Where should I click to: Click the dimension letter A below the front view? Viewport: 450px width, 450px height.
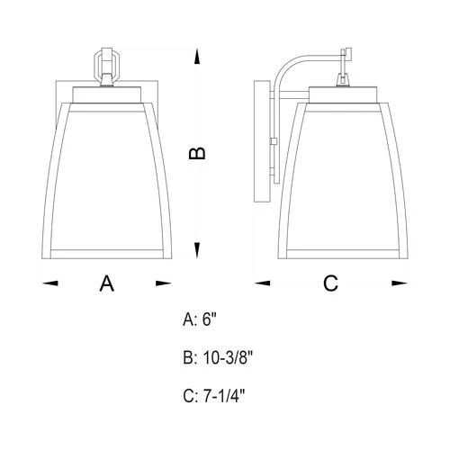[x=107, y=283]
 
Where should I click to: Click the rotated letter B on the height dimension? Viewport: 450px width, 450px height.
[x=197, y=154]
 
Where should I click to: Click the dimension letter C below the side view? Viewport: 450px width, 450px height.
[x=330, y=283]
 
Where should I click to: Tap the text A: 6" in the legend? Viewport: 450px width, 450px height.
[x=200, y=319]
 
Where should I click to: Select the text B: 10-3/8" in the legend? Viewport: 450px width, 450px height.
[x=218, y=357]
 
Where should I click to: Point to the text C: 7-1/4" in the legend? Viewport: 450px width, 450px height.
[x=214, y=396]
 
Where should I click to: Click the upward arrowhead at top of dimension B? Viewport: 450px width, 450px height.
[x=197, y=58]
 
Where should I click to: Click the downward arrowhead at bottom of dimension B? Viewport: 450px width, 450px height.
[x=197, y=250]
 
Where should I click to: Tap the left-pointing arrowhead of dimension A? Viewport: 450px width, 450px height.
[x=50, y=283]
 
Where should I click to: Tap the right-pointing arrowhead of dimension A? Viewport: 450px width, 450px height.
[x=164, y=283]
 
